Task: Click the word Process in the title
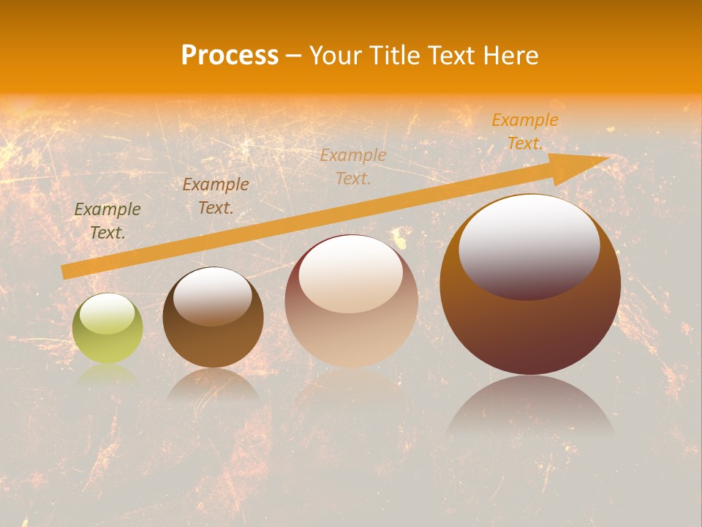(x=230, y=55)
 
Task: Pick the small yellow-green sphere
(x=107, y=328)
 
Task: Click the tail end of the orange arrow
(x=67, y=272)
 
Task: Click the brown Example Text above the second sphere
(x=216, y=196)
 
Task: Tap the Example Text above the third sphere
(x=353, y=166)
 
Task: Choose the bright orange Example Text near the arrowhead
(x=525, y=132)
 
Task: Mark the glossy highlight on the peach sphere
(x=351, y=273)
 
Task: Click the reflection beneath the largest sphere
(x=530, y=406)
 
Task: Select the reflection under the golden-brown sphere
(x=213, y=384)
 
